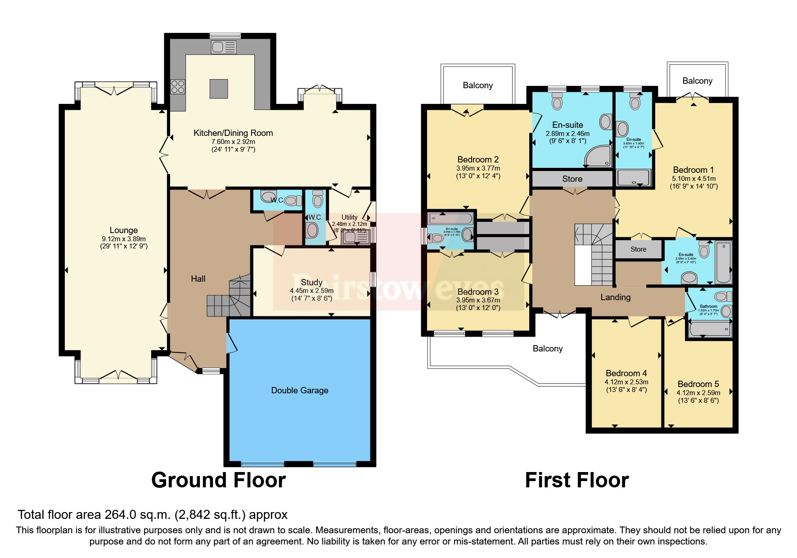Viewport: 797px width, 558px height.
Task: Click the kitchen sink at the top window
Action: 224,47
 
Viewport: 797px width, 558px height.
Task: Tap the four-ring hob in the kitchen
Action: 178,86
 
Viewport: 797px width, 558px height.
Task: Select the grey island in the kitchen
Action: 219,88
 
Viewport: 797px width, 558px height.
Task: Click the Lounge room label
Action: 123,230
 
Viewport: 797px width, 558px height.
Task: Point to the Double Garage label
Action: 300,391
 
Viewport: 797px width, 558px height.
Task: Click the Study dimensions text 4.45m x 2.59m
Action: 311,291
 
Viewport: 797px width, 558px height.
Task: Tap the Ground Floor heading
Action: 218,480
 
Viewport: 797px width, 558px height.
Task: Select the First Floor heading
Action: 576,480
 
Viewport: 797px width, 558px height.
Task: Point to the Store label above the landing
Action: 572,179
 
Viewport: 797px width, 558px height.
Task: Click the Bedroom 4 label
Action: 626,373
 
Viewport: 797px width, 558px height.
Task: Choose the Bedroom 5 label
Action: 698,384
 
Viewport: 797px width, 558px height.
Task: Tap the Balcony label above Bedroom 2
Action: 477,85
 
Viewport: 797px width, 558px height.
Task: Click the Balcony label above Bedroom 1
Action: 697,81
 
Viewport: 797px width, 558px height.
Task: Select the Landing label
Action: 615,297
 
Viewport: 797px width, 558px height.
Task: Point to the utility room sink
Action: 355,236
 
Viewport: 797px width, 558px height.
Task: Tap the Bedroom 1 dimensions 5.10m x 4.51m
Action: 693,179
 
